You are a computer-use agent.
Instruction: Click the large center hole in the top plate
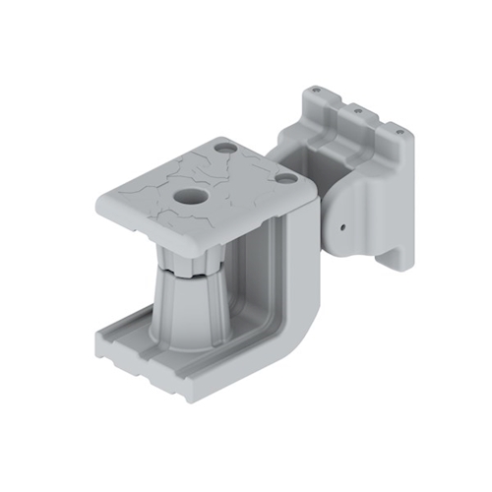click(187, 194)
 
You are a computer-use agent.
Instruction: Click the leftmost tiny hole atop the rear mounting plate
click(314, 91)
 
